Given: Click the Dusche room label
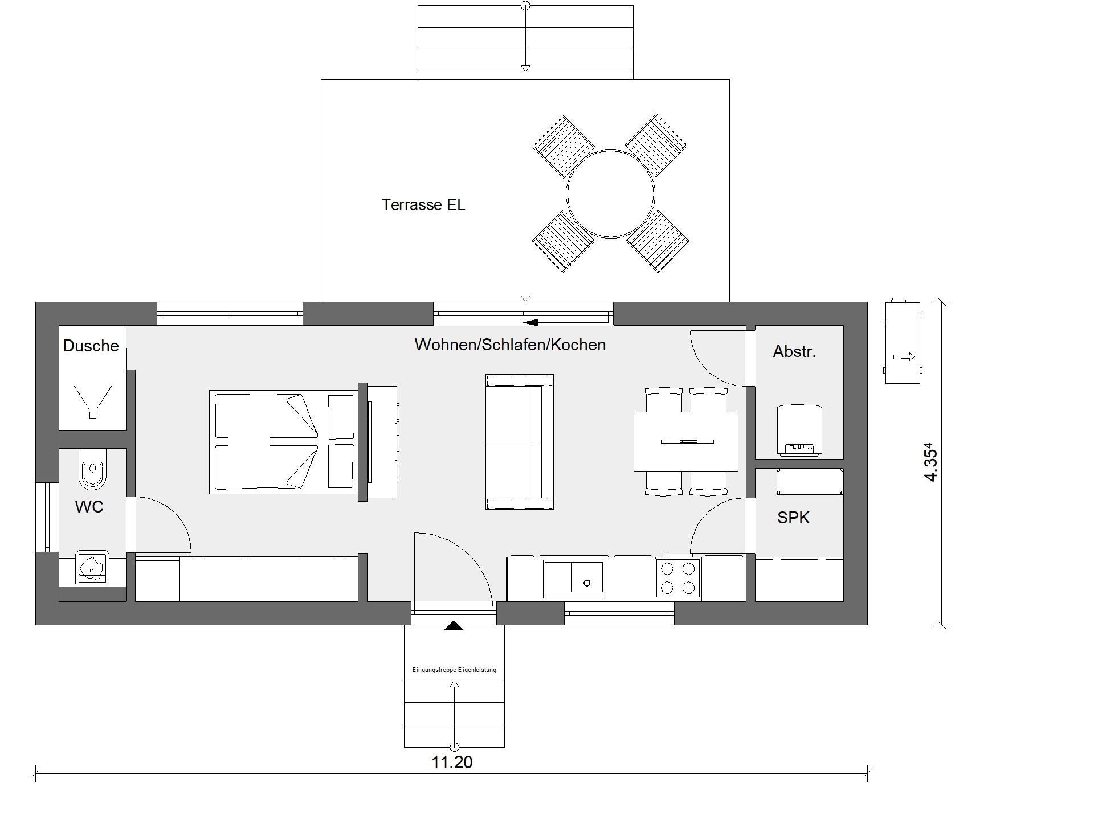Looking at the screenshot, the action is pyautogui.click(x=91, y=346).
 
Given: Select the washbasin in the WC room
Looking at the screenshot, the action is pyautogui.click(x=92, y=568).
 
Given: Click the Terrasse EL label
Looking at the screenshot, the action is pyautogui.click(x=423, y=205).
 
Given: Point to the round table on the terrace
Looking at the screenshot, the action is pyautogui.click(x=610, y=194).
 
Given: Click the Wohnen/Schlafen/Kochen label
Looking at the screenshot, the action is pyautogui.click(x=510, y=345).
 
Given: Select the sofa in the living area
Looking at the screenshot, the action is pyautogui.click(x=519, y=441).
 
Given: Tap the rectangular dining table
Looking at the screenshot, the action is pyautogui.click(x=686, y=442).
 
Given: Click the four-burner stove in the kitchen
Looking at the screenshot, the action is pyautogui.click(x=678, y=577).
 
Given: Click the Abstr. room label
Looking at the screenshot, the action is pyautogui.click(x=794, y=352).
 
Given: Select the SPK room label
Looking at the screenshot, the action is pyautogui.click(x=793, y=518).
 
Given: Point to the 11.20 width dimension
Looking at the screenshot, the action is pyautogui.click(x=452, y=762).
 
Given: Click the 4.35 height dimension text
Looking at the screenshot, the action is pyautogui.click(x=930, y=462).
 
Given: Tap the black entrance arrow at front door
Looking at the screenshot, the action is pyautogui.click(x=454, y=625).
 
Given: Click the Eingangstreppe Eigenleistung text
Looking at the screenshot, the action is pyautogui.click(x=454, y=670).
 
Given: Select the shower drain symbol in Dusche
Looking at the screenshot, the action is pyautogui.click(x=93, y=415).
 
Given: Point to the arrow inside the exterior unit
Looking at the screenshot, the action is pyautogui.click(x=904, y=357).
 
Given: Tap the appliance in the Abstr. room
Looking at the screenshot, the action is pyautogui.click(x=799, y=430).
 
